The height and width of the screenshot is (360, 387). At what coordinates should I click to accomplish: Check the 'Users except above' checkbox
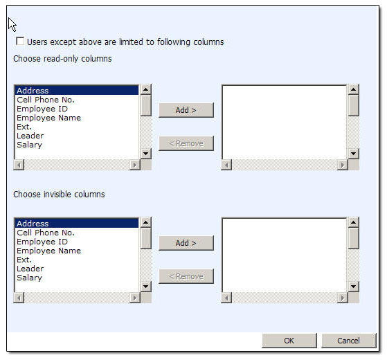[20, 42]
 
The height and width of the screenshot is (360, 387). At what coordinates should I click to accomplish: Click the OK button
[289, 341]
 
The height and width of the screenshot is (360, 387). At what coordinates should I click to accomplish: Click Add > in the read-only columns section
[186, 110]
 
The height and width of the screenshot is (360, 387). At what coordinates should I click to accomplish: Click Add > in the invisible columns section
[186, 243]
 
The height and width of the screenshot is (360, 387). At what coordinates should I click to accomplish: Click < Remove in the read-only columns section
[186, 143]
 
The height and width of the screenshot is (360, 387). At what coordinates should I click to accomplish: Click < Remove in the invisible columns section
[186, 276]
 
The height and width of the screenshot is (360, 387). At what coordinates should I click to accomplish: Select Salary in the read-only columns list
[29, 145]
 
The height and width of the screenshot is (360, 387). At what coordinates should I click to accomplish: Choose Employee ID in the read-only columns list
[42, 109]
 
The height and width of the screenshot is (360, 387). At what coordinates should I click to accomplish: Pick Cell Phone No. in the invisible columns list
[46, 233]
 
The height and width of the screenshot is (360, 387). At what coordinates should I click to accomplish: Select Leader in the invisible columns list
[30, 269]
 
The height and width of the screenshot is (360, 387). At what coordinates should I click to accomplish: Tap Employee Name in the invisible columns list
[49, 251]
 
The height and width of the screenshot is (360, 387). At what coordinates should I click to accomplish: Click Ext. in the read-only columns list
[24, 127]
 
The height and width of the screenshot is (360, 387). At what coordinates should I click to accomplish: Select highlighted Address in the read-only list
[33, 91]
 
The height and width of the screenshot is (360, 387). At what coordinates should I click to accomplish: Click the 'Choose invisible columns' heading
[59, 194]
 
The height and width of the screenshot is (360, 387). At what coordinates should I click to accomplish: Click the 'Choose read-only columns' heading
[62, 59]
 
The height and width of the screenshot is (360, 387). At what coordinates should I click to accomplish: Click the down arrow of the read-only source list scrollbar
[145, 154]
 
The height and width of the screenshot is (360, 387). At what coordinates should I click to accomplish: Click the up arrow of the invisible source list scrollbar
[145, 222]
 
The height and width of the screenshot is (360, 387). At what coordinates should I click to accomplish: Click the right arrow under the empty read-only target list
[342, 165]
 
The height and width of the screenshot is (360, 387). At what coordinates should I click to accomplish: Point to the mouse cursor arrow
[12, 25]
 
